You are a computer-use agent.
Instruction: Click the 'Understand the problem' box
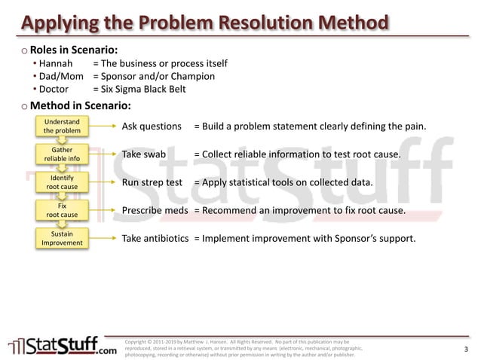(62, 127)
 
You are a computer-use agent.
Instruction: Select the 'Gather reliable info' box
(62, 154)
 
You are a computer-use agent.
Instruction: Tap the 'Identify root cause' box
(62, 182)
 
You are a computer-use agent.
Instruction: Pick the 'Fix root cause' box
(62, 210)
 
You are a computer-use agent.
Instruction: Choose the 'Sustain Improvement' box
(62, 239)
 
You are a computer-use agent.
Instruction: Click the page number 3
(466, 349)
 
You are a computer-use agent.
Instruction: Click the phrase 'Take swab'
(143, 154)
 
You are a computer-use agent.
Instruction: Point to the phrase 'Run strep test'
(152, 182)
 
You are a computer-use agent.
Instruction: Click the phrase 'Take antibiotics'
(155, 239)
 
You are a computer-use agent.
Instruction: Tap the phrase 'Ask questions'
(152, 127)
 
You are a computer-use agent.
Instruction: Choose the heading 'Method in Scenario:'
(81, 105)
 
